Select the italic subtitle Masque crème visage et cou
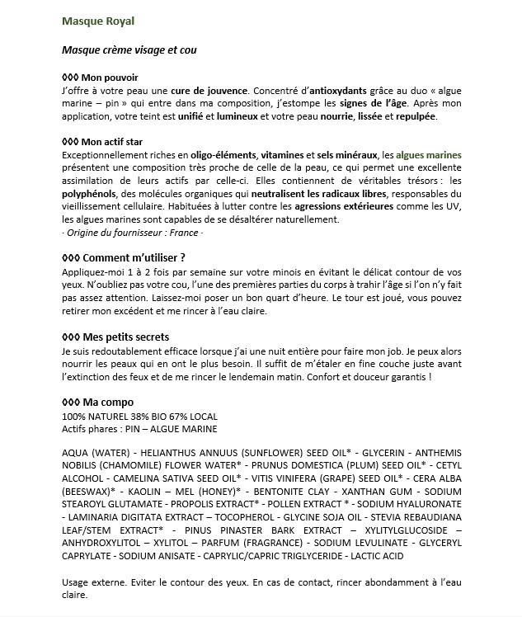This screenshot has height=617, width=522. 129,50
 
